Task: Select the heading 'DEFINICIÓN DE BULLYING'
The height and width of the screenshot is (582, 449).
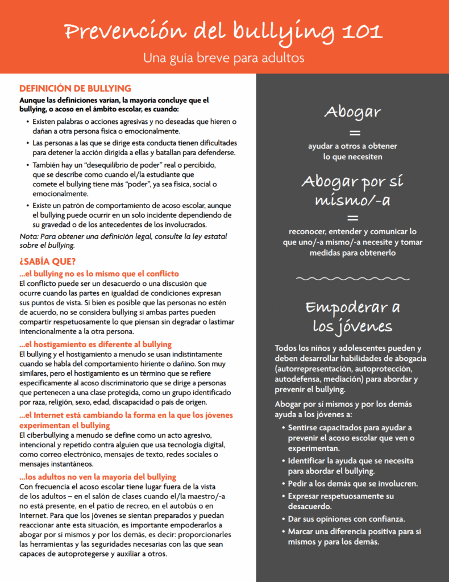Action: [75, 89]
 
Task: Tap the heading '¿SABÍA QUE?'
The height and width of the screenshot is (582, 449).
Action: [47, 261]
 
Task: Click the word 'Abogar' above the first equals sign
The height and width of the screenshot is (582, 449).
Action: [352, 112]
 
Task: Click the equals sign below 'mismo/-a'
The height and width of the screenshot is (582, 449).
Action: [353, 218]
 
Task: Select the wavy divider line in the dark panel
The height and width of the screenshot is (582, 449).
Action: [352, 279]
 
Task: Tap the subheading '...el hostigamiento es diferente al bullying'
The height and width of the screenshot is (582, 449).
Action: [95, 344]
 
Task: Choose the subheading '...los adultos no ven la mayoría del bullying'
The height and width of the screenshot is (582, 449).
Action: [97, 477]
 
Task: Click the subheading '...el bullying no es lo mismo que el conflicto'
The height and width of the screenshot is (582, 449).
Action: [99, 273]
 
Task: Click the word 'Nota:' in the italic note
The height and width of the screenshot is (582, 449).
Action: [29, 236]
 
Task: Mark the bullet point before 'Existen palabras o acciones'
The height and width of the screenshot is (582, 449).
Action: [28, 122]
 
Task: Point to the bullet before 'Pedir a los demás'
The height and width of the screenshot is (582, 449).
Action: [282, 484]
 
